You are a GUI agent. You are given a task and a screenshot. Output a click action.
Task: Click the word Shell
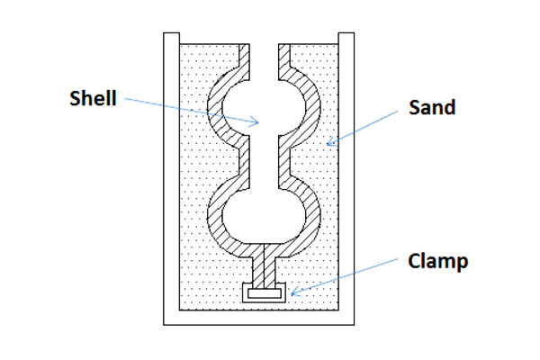coord(93,99)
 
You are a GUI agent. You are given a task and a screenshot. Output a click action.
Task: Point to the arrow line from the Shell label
coord(189,111)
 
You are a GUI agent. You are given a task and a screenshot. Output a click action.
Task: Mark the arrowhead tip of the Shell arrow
coord(260,122)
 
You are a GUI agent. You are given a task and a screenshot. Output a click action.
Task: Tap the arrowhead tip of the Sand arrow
coord(328,143)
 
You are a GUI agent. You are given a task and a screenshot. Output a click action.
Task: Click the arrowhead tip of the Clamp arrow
coord(290,293)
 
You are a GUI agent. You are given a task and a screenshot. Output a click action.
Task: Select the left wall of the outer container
coord(171,180)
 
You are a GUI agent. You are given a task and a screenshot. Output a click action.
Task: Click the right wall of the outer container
coord(345,180)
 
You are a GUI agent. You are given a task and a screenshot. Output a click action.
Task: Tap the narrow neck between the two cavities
coord(261,162)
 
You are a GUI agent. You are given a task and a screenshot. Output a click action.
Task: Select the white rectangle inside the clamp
coord(265,292)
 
